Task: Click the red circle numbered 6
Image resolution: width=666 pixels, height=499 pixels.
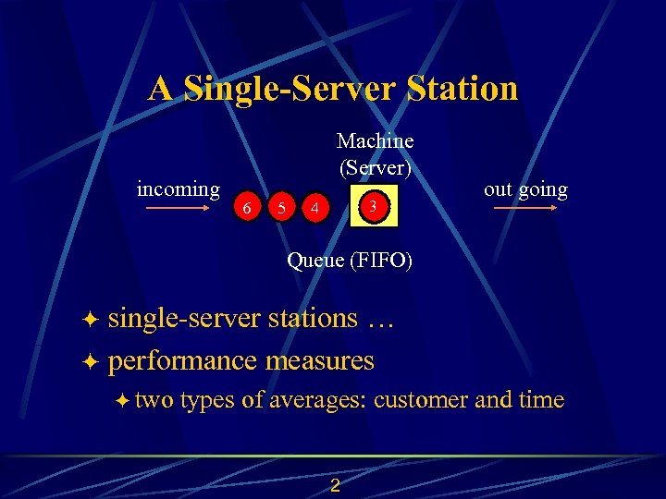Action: pos(246,208)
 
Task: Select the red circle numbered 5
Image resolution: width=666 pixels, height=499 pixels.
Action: pos(280,208)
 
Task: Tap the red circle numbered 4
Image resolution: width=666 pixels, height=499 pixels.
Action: pos(315,208)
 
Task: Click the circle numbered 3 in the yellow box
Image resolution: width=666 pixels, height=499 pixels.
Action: pos(372,205)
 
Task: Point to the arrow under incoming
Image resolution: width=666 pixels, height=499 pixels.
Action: pos(179,209)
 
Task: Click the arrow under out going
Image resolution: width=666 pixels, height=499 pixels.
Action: pos(524,209)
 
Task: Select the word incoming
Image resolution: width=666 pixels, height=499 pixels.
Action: pos(179,189)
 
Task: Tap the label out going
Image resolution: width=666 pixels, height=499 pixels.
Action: pos(525,189)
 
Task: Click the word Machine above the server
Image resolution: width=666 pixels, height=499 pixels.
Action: pos(375,140)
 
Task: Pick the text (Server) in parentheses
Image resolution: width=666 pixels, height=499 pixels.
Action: pos(375,167)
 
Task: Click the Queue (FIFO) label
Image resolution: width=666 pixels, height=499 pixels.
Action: pos(350,260)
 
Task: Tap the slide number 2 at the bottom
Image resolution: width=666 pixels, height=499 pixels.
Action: pos(335,486)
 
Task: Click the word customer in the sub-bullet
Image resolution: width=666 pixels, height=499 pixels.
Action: pos(421,400)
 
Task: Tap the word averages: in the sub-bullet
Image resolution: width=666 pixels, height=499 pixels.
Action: pos(318,400)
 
